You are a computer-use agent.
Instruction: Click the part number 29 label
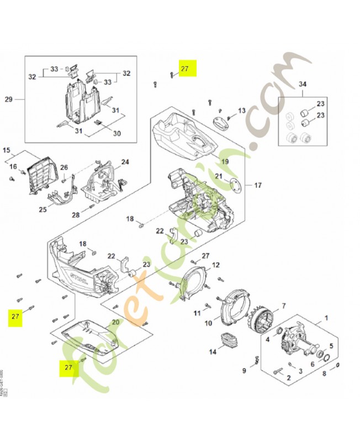pyautogui.click(x=8, y=99)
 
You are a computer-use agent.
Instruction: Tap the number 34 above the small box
pyautogui.click(x=301, y=84)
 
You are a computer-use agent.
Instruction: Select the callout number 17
pyautogui.click(x=257, y=185)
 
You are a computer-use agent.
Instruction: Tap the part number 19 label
pyautogui.click(x=224, y=161)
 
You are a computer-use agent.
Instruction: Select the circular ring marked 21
pyautogui.click(x=235, y=187)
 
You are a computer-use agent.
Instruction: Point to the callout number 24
pyautogui.click(x=125, y=162)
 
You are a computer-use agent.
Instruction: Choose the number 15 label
pyautogui.click(x=7, y=150)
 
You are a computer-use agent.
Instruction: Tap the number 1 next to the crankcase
pyautogui.click(x=326, y=318)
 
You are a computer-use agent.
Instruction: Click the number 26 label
pyautogui.click(x=64, y=167)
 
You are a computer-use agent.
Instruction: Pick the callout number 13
pyautogui.click(x=241, y=111)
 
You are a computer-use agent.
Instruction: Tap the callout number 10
pyautogui.click(x=209, y=323)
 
